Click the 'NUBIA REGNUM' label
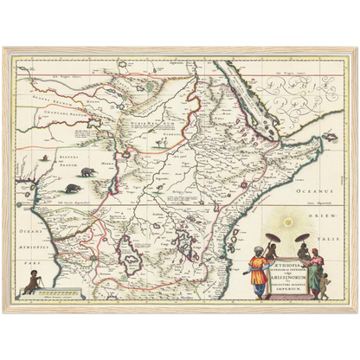(138, 125)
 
